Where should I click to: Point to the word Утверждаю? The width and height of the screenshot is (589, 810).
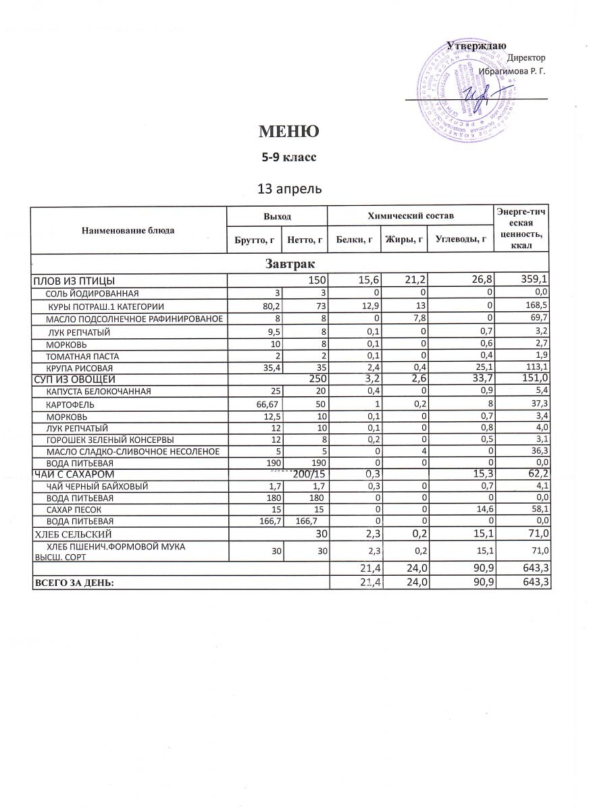pos(477,46)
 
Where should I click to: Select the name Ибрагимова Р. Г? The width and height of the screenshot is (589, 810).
pos(512,70)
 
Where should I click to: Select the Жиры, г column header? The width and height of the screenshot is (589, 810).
pos(403,239)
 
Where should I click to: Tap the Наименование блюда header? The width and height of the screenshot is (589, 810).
pos(128,231)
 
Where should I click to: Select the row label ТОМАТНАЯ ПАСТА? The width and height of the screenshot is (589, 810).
pos(84,356)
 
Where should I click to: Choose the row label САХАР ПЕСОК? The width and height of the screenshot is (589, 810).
pos(73,510)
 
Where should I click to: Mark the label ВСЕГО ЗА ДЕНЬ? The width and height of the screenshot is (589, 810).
pos(74,582)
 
